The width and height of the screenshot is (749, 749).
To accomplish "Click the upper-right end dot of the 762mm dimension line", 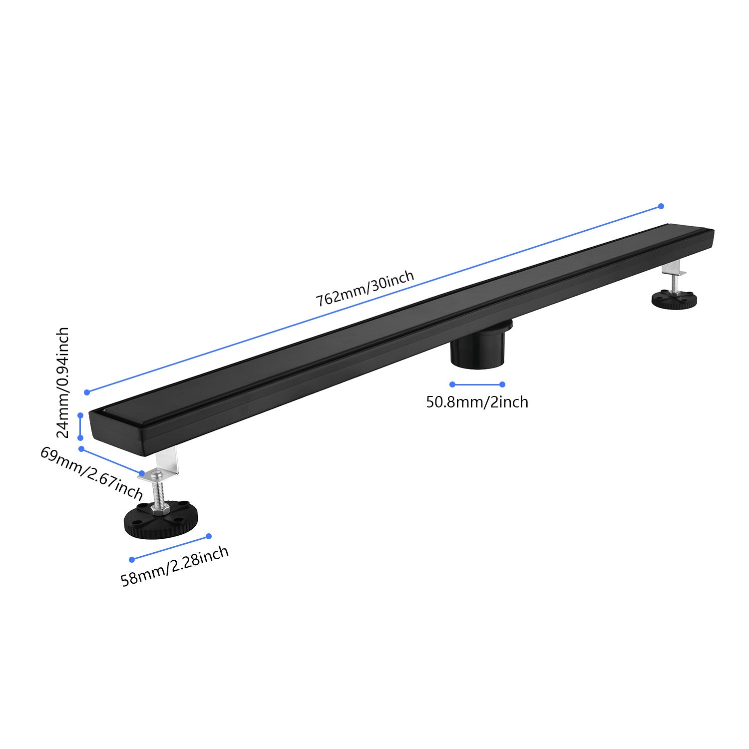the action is tap(661, 206).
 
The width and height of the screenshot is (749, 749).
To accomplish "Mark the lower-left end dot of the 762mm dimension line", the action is tap(87, 392).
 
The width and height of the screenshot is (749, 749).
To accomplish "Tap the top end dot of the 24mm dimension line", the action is tap(80, 415).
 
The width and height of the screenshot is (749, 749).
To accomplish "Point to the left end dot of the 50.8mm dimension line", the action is tap(452, 384).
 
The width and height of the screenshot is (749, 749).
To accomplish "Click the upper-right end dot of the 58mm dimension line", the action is tap(209, 536).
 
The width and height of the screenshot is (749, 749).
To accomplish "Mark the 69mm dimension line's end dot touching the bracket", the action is tap(142, 473).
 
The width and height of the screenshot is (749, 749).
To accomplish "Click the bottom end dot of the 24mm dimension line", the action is tap(80, 438).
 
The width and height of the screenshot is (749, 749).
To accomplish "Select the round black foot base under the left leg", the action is tap(161, 519).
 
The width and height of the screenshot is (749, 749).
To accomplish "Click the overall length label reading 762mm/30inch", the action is tap(365, 289).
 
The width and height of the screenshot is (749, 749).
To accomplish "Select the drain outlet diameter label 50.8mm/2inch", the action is tap(477, 402).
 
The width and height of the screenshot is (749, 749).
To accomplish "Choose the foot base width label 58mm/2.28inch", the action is tap(175, 566).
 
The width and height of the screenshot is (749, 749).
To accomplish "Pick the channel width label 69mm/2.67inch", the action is tap(92, 473).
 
